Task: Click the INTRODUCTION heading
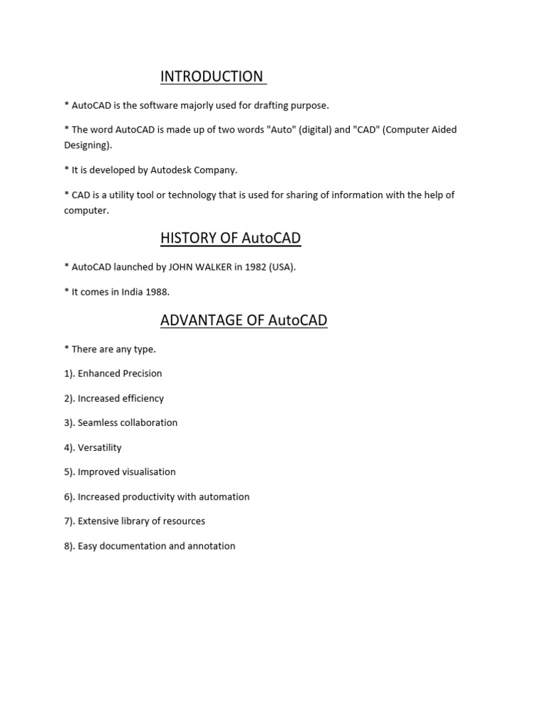[x=211, y=77]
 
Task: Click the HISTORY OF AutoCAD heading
[x=231, y=239]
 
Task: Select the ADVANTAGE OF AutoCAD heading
[x=243, y=320]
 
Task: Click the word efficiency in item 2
[x=141, y=398]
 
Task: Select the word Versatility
[x=99, y=447]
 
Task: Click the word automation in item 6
[x=224, y=497]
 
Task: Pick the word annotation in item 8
[x=209, y=546]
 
